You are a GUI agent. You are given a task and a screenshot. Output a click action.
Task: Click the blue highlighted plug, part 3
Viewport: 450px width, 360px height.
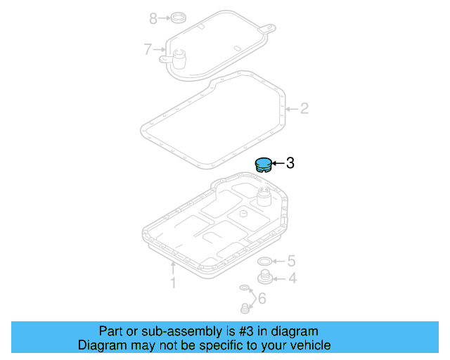tap(262, 165)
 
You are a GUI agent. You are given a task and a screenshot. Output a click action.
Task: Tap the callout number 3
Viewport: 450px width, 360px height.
tap(290, 164)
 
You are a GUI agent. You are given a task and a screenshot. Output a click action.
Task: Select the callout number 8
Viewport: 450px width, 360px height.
tap(153, 18)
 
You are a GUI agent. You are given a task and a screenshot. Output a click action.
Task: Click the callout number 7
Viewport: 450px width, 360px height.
tap(148, 49)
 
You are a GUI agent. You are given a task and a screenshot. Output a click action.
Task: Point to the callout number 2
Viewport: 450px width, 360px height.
tap(304, 108)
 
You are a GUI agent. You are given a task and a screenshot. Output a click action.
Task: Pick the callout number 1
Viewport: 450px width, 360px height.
tap(172, 283)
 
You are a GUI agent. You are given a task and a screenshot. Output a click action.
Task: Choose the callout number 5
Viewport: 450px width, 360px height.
tap(291, 261)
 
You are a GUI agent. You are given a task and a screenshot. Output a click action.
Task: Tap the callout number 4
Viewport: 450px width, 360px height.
tap(292, 278)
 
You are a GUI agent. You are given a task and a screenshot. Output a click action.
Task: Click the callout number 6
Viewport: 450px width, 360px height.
tap(262, 299)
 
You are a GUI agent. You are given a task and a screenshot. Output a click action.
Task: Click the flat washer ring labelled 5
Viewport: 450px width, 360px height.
tap(265, 262)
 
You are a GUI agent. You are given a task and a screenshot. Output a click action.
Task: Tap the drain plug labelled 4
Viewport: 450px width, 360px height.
tap(266, 278)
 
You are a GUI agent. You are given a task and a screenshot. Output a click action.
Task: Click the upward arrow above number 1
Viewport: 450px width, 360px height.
tap(172, 268)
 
